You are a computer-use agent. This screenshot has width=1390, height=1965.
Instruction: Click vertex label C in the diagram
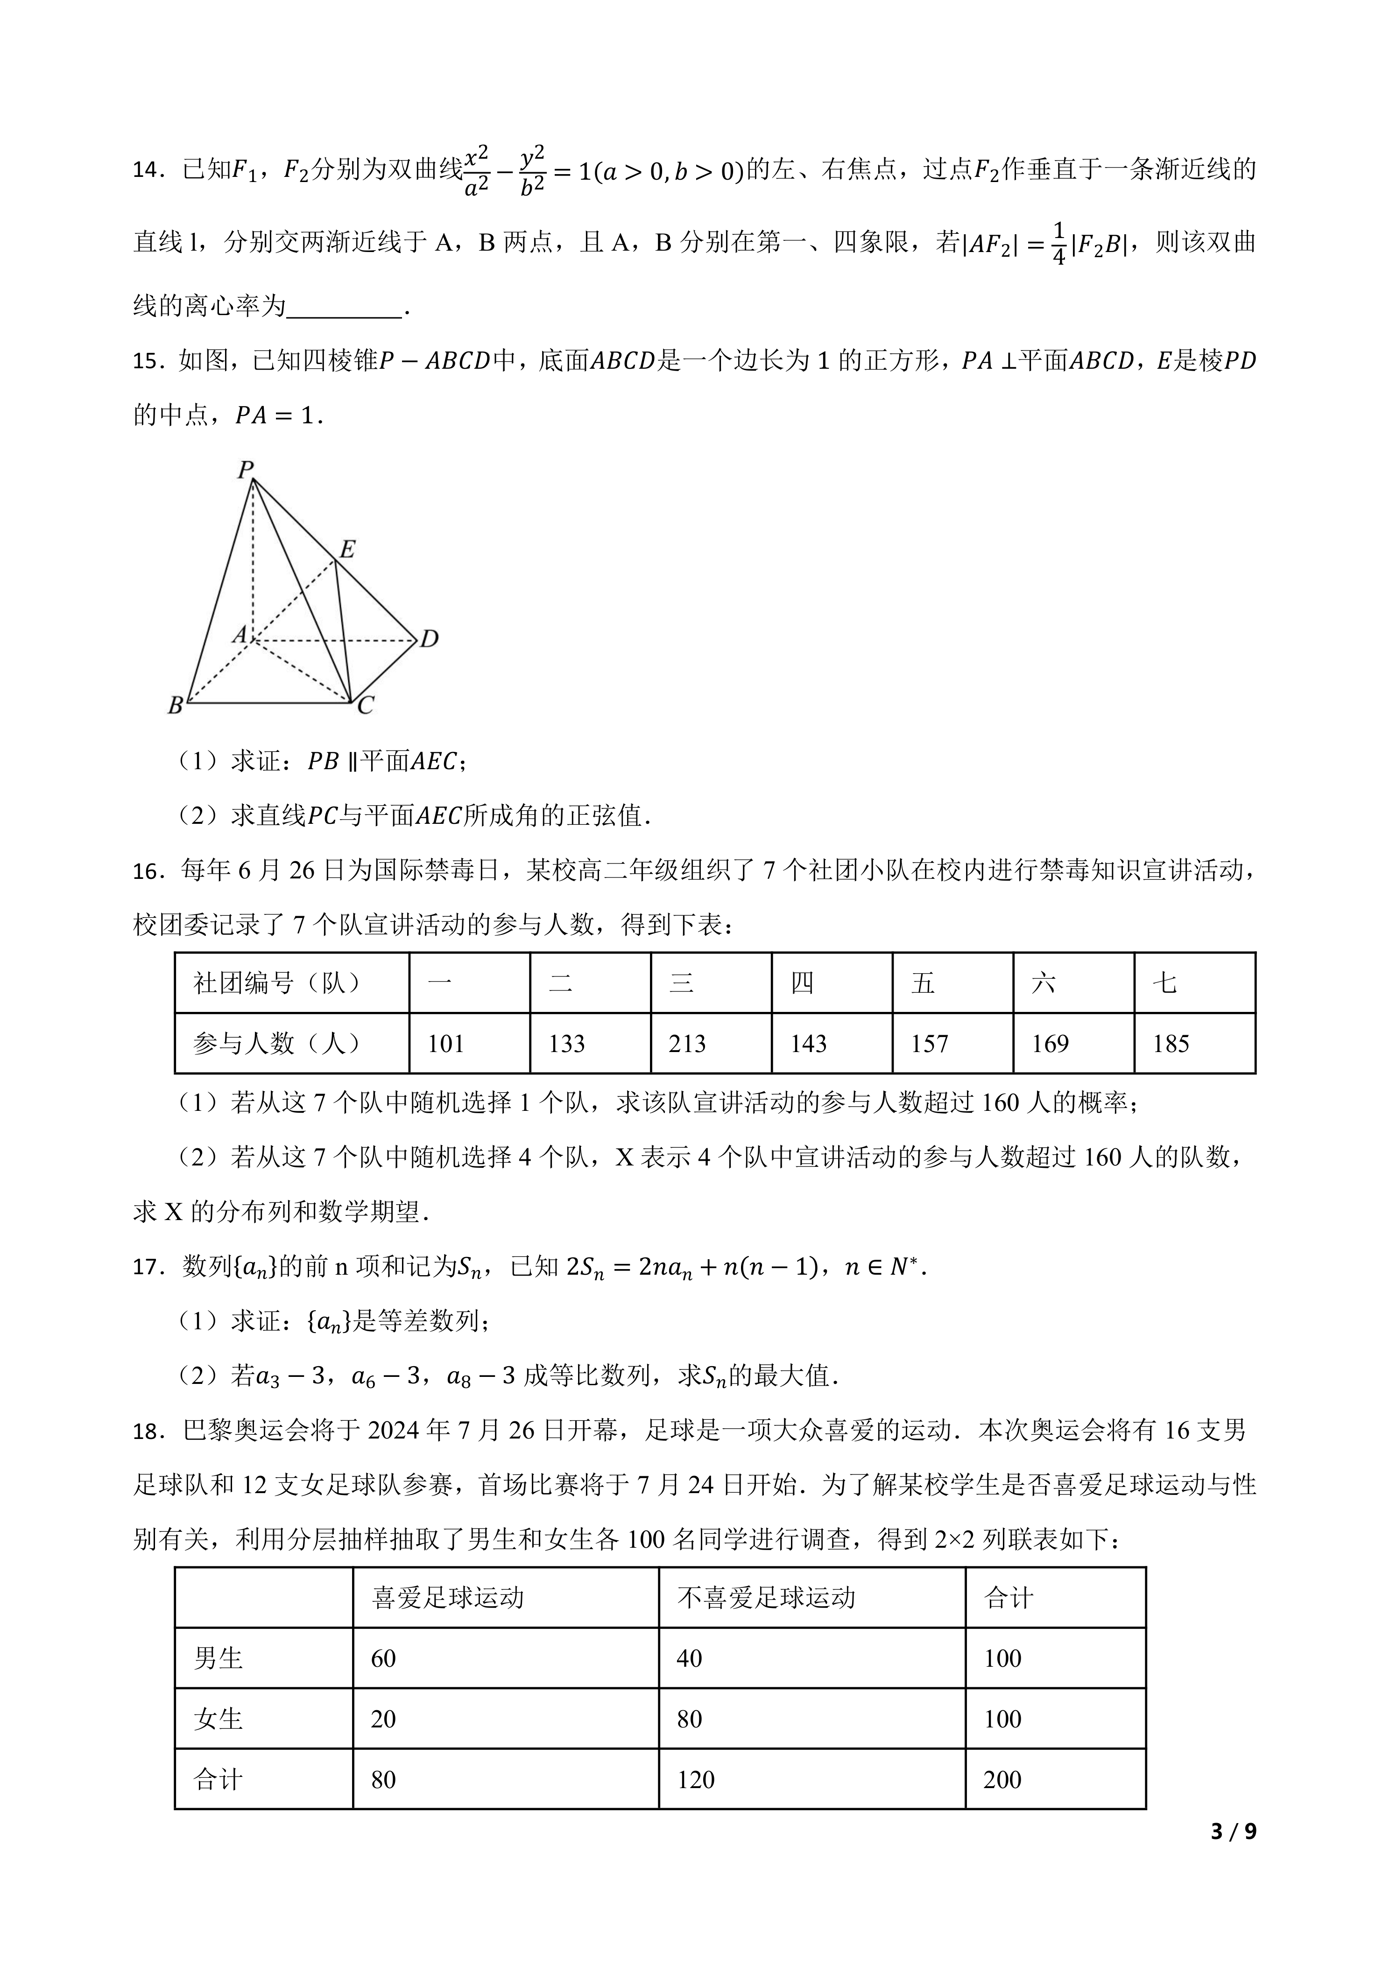click(x=366, y=706)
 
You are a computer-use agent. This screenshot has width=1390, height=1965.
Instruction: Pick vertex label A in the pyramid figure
click(x=240, y=634)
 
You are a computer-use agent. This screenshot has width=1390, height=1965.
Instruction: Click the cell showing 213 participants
click(x=687, y=1043)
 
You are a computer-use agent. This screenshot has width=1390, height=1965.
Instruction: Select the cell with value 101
click(x=446, y=1043)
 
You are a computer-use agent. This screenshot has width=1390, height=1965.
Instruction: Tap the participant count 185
click(x=1171, y=1043)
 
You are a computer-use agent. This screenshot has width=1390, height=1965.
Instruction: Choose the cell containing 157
click(x=930, y=1043)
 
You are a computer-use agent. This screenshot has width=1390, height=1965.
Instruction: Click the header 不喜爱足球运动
click(x=766, y=1598)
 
